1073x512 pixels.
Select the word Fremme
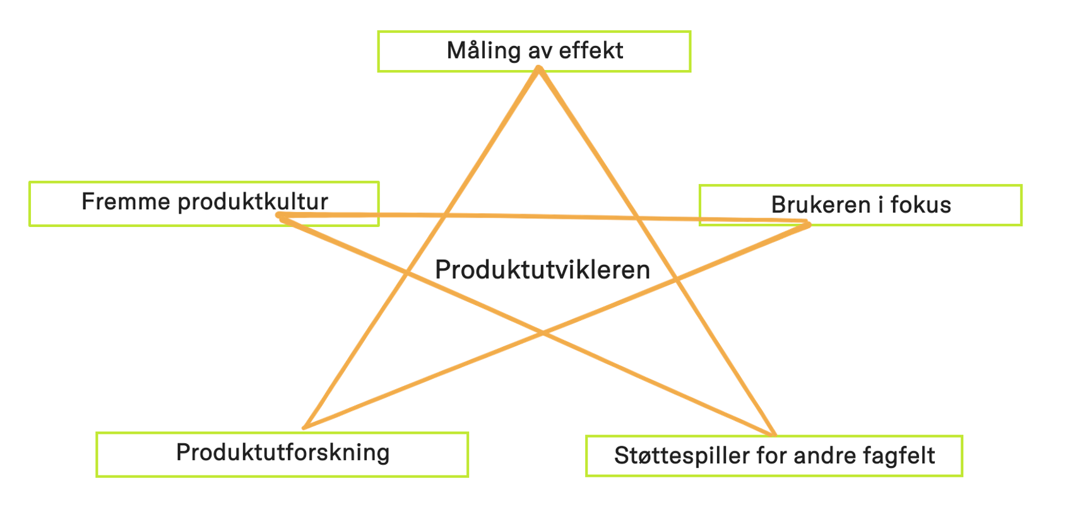click(x=126, y=202)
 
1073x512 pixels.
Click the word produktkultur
click(x=252, y=202)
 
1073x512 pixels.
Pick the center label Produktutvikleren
click(x=542, y=270)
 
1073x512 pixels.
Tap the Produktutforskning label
click(x=283, y=453)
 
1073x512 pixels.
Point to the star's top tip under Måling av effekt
click(x=539, y=69)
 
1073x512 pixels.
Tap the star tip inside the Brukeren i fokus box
click(x=807, y=223)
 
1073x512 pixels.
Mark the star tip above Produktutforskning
click(x=304, y=428)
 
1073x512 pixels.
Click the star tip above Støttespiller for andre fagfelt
click(x=774, y=434)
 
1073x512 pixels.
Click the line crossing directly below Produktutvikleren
click(x=542, y=333)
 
